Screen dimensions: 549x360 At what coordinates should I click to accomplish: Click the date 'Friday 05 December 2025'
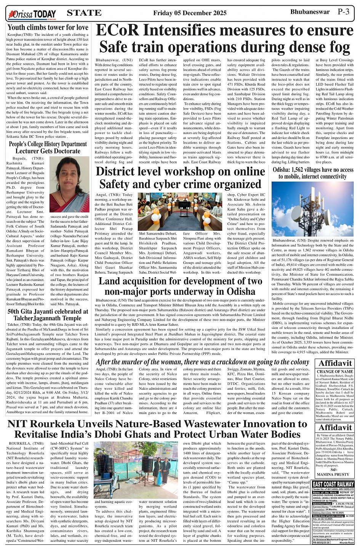(190, 13)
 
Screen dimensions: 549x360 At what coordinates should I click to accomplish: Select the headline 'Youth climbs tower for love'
(48, 27)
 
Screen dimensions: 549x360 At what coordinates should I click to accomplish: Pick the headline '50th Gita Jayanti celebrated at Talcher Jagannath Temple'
(48, 314)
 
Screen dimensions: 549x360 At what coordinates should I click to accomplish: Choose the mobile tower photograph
(313, 209)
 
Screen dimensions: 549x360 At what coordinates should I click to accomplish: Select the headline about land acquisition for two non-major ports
(180, 286)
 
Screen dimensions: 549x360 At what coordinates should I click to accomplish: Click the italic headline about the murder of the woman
(202, 362)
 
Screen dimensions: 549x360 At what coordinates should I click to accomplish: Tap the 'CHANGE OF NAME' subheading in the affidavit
(335, 372)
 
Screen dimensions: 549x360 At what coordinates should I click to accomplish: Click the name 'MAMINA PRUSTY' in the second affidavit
(335, 474)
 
